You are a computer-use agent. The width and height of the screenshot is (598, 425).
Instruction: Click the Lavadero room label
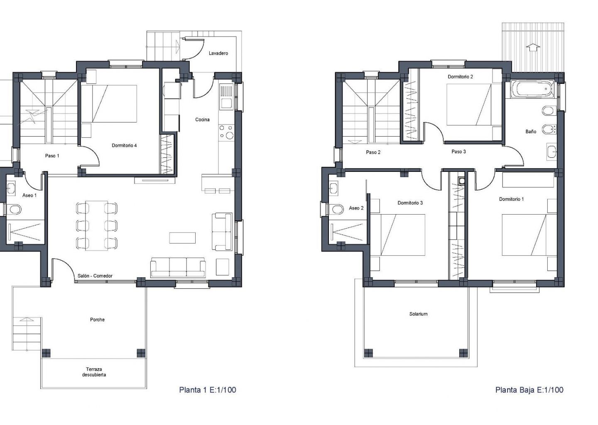coord(218,54)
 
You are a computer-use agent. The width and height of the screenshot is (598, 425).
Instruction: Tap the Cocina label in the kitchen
coord(202,120)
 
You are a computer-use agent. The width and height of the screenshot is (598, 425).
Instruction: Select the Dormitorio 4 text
coord(124,145)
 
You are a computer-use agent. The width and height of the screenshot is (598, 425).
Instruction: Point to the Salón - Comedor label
coord(95,276)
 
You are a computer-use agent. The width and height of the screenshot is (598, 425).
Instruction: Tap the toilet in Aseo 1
coord(14,209)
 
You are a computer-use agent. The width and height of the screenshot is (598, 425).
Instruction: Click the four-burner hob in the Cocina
coord(226,132)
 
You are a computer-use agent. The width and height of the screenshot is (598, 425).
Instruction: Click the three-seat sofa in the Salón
coord(178,267)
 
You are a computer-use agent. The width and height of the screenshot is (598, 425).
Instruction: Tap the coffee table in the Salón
coord(182,238)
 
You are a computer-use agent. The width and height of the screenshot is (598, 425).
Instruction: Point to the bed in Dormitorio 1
coord(529,235)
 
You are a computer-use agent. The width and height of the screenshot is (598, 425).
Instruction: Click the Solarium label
coord(418,314)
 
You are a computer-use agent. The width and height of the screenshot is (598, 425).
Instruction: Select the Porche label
coord(97,320)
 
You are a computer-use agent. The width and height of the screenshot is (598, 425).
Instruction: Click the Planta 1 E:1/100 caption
coord(208,390)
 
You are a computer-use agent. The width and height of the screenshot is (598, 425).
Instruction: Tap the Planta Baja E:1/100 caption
coord(529,390)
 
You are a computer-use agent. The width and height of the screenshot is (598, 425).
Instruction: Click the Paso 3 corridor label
coord(458,151)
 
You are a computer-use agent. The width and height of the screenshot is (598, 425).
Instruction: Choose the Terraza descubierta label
coord(94,372)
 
